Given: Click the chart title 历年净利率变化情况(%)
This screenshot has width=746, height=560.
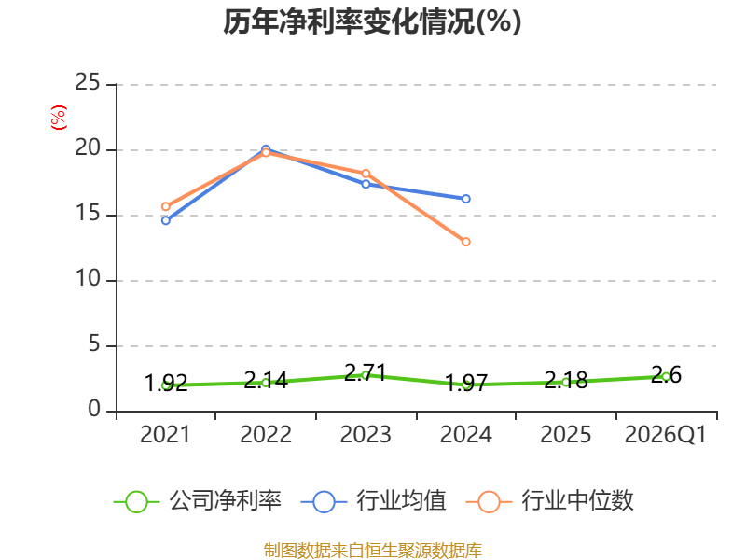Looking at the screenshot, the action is (372, 21).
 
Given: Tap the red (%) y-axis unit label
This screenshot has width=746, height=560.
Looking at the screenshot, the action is (59, 118).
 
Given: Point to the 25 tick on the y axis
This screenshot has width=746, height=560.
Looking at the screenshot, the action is (88, 83).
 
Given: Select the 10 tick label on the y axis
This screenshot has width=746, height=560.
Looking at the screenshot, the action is (88, 278).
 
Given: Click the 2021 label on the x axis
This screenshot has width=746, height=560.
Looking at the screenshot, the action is (165, 434).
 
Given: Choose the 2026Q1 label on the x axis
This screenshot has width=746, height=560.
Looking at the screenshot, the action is (666, 434).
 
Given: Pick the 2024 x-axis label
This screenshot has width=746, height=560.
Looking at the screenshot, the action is (465, 434).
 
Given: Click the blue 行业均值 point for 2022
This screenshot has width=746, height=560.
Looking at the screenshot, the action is (266, 149).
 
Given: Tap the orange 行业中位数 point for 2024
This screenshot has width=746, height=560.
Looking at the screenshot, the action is (465, 242).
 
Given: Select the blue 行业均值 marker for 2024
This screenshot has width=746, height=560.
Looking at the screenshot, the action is (465, 199).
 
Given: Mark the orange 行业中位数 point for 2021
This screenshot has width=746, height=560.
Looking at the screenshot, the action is (166, 206).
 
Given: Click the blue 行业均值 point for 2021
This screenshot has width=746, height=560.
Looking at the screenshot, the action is (166, 220).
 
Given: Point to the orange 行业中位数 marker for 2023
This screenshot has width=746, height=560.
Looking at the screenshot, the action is (366, 174).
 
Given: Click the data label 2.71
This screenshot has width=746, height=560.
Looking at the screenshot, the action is (365, 372).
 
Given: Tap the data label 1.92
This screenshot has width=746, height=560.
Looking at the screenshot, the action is (166, 383).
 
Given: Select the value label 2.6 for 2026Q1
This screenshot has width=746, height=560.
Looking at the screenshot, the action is (666, 375).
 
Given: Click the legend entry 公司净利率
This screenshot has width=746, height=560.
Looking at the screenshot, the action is (198, 501).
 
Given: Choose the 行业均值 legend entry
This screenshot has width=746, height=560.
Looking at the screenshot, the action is (374, 501).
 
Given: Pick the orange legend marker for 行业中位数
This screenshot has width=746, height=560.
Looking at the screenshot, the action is (489, 502).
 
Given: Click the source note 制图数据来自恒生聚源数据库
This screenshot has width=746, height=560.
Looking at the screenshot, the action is (372, 551).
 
